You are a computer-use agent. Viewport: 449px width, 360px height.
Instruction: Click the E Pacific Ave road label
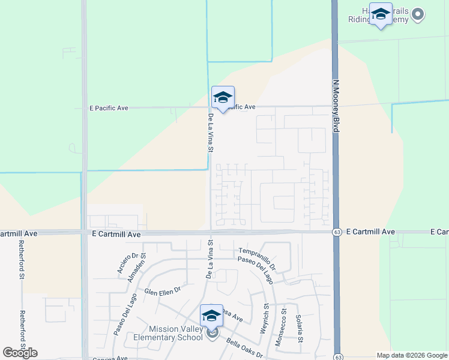point(109,108)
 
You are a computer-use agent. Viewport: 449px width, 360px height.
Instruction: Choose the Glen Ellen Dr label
point(162,292)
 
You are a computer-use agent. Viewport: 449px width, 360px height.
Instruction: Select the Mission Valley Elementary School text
point(164,333)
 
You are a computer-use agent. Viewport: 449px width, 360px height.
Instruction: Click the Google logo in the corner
point(20,353)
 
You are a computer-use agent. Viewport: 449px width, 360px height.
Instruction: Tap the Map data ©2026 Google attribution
point(411,355)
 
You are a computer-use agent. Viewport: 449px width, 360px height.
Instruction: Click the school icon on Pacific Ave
point(223,98)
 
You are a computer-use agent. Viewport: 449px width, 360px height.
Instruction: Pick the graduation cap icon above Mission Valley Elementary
point(211,316)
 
